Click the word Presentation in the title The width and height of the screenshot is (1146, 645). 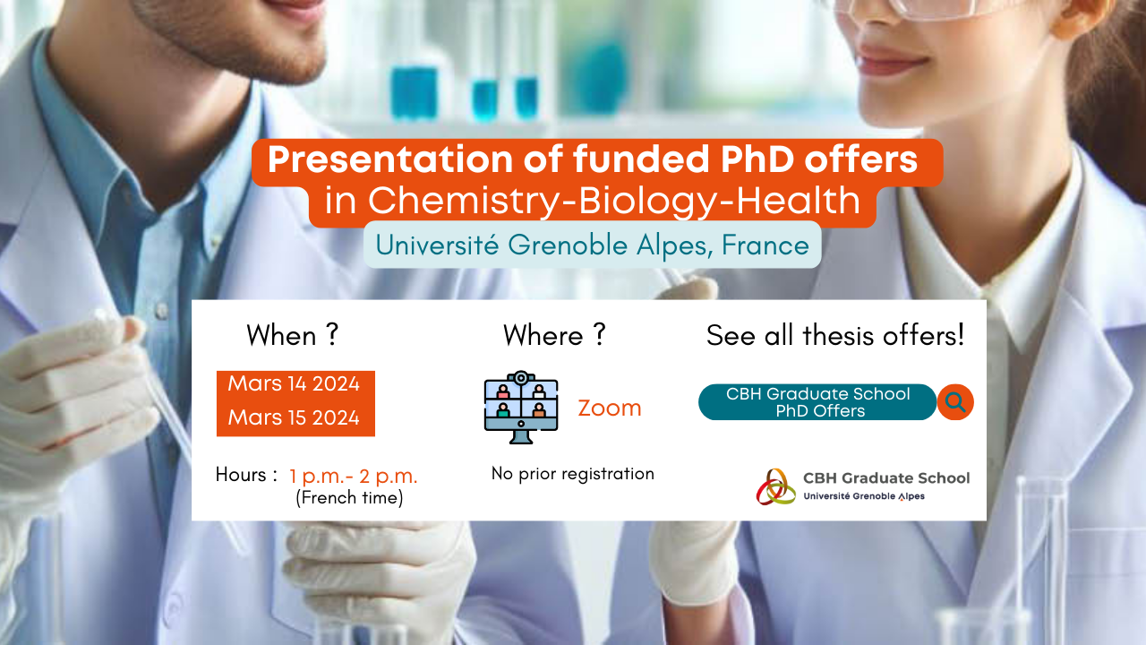click(389, 159)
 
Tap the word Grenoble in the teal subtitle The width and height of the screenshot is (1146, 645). click(568, 245)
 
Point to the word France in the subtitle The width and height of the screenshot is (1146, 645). click(765, 245)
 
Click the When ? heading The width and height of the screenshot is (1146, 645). click(293, 335)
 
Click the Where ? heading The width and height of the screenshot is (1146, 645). click(554, 335)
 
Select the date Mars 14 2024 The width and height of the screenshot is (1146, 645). click(294, 383)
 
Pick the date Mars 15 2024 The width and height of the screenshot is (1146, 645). click(294, 417)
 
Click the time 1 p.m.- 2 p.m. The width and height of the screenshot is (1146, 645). click(353, 477)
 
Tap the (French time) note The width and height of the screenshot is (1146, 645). click(349, 497)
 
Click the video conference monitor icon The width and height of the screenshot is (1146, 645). click(521, 407)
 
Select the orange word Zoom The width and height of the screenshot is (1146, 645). click(610, 408)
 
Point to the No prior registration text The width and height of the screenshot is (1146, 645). click(572, 474)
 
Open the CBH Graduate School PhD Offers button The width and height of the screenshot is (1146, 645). click(817, 402)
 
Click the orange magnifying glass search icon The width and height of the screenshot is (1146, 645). click(955, 402)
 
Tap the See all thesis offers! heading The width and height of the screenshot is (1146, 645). click(835, 335)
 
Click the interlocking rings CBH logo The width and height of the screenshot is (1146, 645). click(776, 486)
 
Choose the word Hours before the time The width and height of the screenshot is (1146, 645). click(241, 475)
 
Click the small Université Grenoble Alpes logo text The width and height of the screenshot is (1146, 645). click(864, 496)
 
